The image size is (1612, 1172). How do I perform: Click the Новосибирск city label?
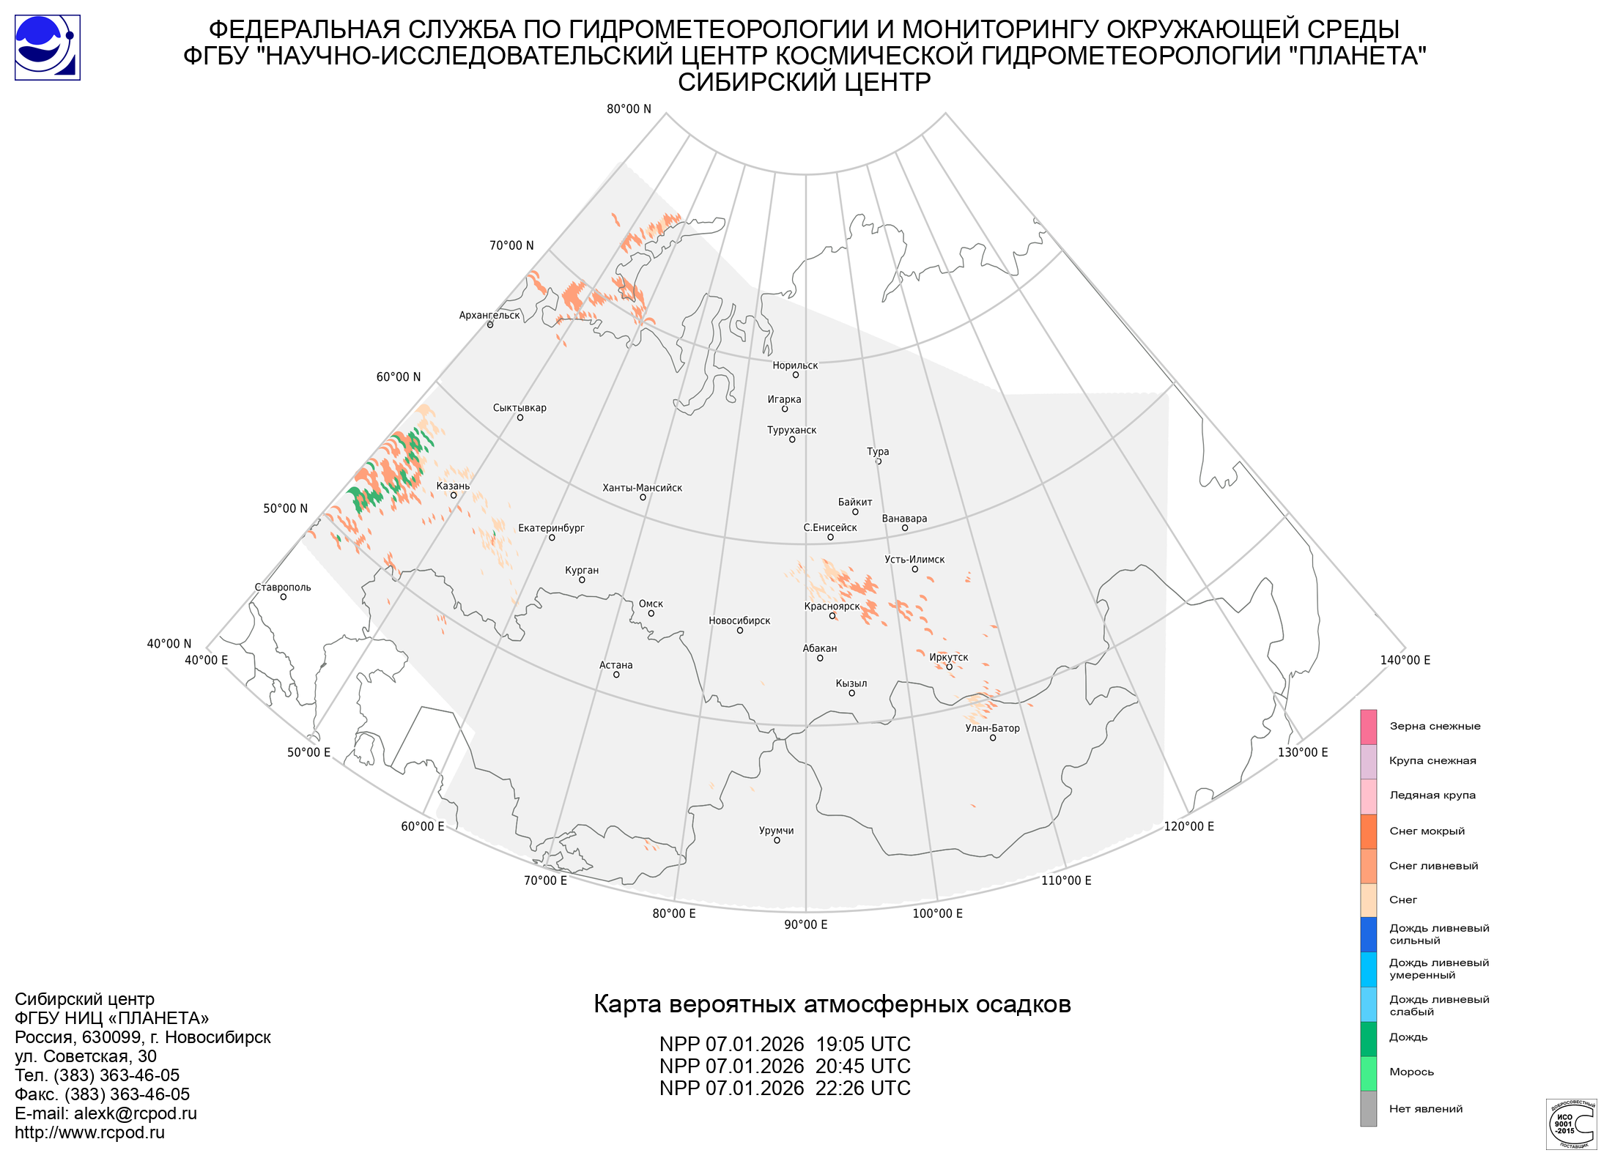pos(739,620)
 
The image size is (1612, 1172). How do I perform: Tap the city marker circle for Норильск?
pos(795,375)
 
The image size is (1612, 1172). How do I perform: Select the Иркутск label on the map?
pos(948,657)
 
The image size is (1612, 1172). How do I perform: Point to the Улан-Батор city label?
pos(992,728)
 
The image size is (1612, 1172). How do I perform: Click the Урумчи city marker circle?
pos(777,840)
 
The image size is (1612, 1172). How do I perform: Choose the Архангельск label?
pos(489,315)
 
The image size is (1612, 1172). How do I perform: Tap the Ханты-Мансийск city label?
pos(642,488)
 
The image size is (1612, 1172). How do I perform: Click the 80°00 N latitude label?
pos(628,109)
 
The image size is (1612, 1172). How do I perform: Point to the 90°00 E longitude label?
pos(805,924)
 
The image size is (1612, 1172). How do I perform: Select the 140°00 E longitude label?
pos(1405,660)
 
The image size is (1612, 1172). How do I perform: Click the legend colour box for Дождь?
pos(1368,1039)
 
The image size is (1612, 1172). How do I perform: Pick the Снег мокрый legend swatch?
pos(1368,831)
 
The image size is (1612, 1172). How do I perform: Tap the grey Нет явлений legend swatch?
pos(1368,1108)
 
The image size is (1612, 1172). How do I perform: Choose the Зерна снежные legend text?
pos(1435,726)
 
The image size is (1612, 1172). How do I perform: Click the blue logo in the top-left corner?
pos(48,48)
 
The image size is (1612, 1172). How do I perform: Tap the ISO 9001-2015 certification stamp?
pos(1570,1124)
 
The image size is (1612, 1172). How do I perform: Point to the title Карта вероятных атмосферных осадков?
pos(832,1004)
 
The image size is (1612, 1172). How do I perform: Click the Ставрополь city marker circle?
pos(284,597)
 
